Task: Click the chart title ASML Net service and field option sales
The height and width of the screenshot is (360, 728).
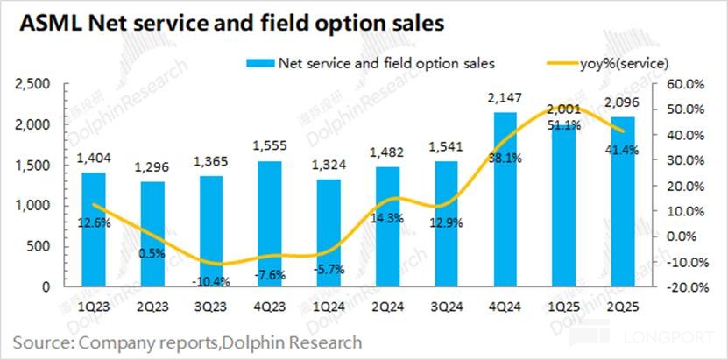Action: [x=231, y=25]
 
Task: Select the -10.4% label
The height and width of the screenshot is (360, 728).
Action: [x=210, y=258]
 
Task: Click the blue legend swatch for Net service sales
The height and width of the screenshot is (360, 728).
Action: [x=259, y=63]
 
